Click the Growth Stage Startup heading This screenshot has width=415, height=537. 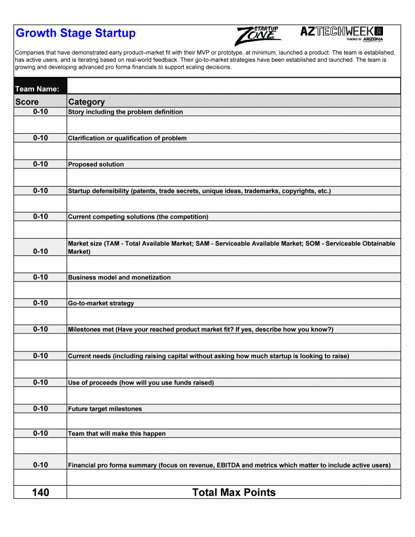[x=76, y=33]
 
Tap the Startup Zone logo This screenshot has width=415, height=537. [x=258, y=36]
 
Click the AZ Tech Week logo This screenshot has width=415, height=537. [x=342, y=33]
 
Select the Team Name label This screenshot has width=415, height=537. [x=37, y=89]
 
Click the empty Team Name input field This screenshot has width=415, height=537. [x=233, y=86]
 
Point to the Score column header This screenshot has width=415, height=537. [x=27, y=102]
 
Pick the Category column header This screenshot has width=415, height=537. [x=87, y=102]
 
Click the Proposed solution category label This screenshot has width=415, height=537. [x=96, y=164]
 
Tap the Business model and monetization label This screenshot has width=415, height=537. [x=119, y=277]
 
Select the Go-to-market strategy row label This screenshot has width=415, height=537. [x=101, y=303]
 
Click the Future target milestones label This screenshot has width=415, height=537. [x=105, y=409]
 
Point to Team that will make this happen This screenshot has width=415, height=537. [x=116, y=434]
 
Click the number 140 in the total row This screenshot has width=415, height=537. [x=40, y=492]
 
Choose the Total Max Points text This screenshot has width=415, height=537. [x=233, y=492]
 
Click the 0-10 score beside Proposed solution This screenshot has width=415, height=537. [x=40, y=164]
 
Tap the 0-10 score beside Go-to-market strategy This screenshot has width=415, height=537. [x=40, y=303]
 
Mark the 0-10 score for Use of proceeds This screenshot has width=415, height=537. [x=40, y=382]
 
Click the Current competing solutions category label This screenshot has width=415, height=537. [x=138, y=217]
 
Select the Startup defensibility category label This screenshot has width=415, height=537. [x=199, y=191]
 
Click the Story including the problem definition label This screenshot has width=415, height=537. [x=125, y=112]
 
